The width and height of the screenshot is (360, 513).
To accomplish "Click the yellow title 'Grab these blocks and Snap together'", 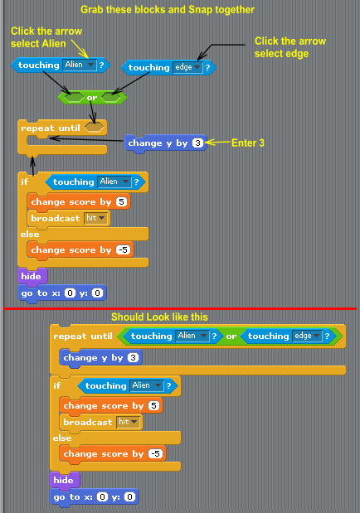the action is coord(168,10).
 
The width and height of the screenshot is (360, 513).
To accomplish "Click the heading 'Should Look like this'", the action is coord(159,317).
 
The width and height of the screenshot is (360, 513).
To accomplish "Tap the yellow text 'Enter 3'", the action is coord(248,143).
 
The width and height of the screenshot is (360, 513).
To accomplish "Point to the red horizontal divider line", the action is coord(180,308).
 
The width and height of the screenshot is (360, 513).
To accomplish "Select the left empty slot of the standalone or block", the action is coord(73,97).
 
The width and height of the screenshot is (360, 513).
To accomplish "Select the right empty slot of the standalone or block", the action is coord(111,97).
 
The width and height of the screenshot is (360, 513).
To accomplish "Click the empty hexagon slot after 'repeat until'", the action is coord(94,128).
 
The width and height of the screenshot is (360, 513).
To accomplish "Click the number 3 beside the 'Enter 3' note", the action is coord(197,143).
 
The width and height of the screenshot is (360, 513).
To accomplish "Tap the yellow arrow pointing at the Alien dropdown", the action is coord(80,49).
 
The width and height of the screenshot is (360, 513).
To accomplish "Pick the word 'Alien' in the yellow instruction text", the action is coord(51,44).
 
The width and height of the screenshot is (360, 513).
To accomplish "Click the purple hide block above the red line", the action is coord(32,276).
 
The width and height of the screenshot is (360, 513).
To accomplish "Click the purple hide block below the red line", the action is coord(65,480).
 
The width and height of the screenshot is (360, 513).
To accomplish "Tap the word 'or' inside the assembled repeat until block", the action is coord(231,336).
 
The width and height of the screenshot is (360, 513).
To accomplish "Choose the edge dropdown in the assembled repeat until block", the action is coord(307,336).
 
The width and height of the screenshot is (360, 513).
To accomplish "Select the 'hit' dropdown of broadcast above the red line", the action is coord(95,218).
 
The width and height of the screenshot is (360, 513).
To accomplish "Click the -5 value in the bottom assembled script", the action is coord(156,454).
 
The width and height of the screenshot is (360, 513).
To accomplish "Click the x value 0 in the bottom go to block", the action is coord(102,497).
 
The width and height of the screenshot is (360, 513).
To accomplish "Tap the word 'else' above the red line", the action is coord(30,235).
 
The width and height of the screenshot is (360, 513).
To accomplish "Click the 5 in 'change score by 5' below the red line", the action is coord(153,406).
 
